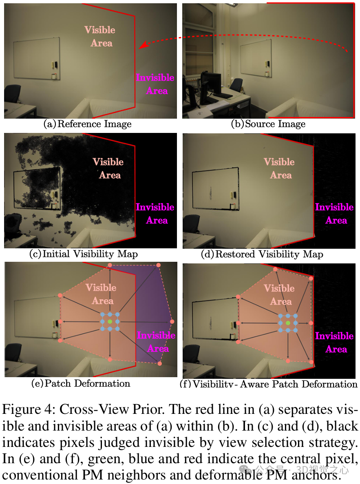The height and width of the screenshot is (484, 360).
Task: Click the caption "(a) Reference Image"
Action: point(87,124)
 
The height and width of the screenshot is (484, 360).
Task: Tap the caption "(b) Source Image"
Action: point(268,124)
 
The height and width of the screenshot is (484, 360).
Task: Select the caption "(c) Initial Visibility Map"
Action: point(84,254)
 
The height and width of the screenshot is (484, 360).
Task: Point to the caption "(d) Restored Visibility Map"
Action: point(262,254)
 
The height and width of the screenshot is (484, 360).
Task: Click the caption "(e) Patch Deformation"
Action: point(81,383)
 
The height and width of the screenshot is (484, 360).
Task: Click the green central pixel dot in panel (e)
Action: point(110,322)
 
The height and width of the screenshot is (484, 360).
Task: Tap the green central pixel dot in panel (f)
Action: point(288,323)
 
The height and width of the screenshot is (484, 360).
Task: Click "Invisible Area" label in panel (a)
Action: point(155,84)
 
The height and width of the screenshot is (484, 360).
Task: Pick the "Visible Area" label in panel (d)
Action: point(280,168)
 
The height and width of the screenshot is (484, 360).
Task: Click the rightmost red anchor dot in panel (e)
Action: point(172,322)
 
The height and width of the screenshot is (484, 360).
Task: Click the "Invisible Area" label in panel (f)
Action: point(334,342)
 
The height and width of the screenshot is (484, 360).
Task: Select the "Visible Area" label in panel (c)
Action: point(108,168)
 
